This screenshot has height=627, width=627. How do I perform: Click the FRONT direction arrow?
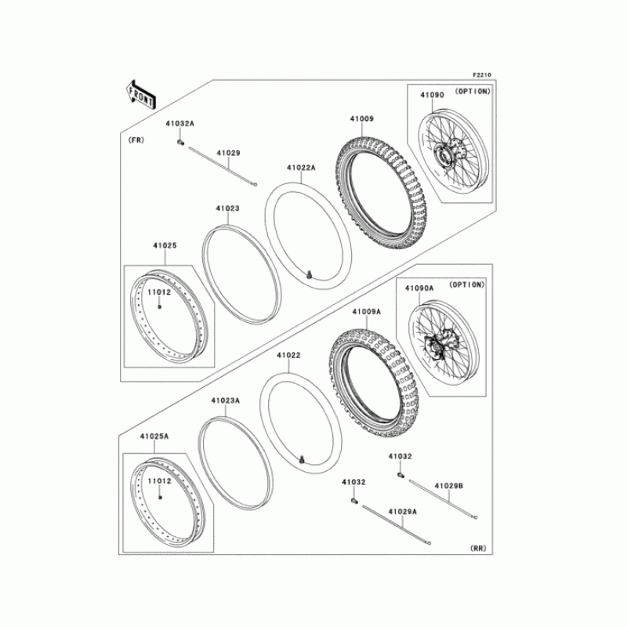pos(141,95)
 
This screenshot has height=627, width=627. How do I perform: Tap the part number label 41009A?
pos(366,311)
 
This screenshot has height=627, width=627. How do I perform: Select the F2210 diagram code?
pos(482,74)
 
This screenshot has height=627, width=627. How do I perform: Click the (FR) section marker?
pos(136,140)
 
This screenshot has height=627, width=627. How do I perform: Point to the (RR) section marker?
pos(478,548)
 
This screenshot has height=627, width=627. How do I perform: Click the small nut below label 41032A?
pos(180,142)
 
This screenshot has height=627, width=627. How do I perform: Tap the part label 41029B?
pos(448,486)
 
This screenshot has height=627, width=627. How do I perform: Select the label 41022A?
pos(301,168)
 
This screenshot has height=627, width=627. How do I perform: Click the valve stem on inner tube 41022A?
pos(309,275)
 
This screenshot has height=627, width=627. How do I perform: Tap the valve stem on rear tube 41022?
pos(302,460)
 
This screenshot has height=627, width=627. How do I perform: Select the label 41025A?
pos(154,437)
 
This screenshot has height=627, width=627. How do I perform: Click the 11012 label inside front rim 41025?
pos(159,292)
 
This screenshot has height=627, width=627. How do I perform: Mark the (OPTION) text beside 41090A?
pos(466,285)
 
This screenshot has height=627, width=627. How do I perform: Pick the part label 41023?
pos(227,208)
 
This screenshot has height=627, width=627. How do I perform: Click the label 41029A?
pos(402,512)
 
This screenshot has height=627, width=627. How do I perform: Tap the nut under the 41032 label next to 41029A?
pos(353,500)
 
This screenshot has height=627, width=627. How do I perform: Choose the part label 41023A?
pos(226,400)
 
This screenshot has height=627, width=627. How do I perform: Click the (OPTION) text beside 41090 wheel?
pos(473,91)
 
